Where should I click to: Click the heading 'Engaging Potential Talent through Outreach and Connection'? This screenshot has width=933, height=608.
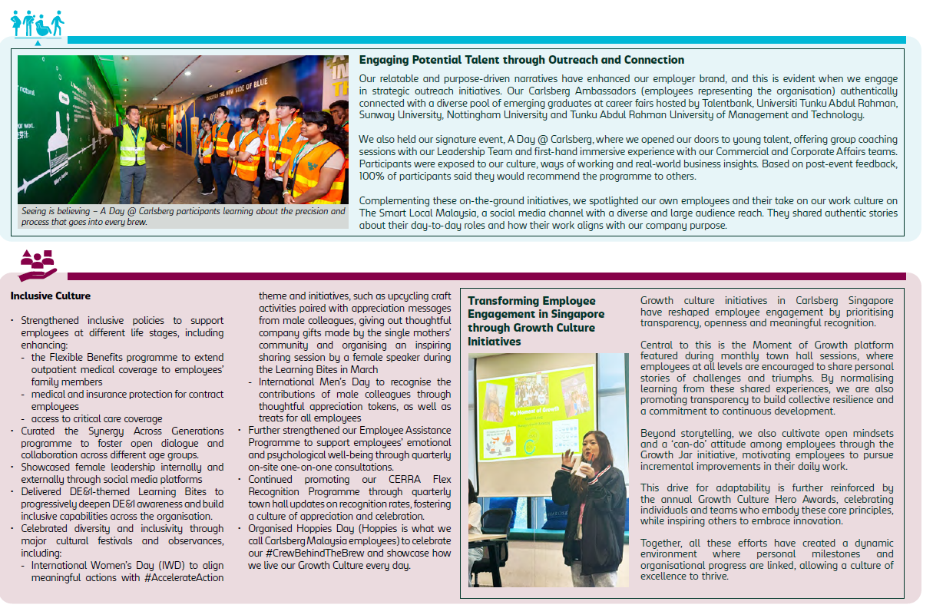click(521, 60)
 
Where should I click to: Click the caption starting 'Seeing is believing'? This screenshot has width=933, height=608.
click(183, 216)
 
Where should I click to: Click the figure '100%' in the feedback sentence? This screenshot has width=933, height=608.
click(372, 177)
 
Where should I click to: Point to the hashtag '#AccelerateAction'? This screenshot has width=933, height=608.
click(184, 578)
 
